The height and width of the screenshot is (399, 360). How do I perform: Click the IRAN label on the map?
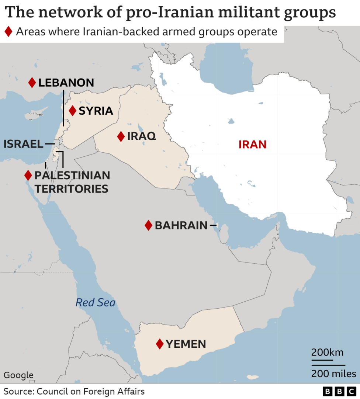click(x=252, y=144)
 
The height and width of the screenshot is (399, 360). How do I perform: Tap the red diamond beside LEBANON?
click(x=32, y=83)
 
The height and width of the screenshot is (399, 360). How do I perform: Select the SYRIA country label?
click(x=96, y=111)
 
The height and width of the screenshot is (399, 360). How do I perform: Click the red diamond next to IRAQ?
click(x=121, y=136)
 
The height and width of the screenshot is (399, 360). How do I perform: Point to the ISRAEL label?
click(x=23, y=144)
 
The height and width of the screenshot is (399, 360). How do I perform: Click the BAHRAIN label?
click(x=181, y=225)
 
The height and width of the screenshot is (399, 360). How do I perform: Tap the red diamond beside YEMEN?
click(x=159, y=344)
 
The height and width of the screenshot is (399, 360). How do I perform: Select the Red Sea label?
click(x=96, y=303)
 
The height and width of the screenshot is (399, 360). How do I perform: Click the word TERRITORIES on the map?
click(x=71, y=189)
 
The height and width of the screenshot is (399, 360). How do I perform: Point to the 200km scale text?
click(x=328, y=352)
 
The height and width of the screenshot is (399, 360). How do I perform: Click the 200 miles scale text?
click(x=333, y=374)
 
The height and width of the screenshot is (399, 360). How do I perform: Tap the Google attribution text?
click(x=18, y=375)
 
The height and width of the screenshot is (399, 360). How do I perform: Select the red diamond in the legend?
click(x=8, y=32)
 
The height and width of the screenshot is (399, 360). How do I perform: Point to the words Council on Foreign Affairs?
click(x=91, y=391)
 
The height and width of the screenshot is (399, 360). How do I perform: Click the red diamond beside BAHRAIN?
click(x=148, y=225)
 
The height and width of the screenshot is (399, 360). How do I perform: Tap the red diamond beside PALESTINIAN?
click(x=28, y=175)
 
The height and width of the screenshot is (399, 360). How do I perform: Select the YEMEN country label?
click(x=186, y=344)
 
